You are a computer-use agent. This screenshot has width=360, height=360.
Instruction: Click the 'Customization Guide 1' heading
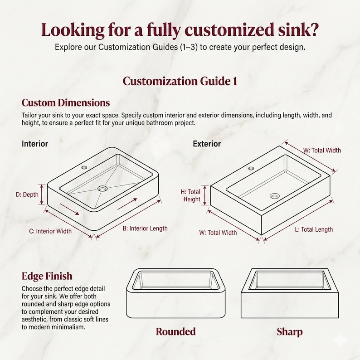[x=180, y=81]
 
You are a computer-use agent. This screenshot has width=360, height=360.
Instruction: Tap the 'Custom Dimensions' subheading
[x=66, y=102]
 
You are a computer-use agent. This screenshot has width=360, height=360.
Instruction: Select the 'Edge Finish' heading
[x=47, y=276]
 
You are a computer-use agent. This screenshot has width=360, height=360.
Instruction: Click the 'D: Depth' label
[x=27, y=195]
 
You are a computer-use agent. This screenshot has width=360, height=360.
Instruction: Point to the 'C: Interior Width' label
[x=50, y=231]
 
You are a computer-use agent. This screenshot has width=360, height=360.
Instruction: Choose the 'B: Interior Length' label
[x=145, y=229]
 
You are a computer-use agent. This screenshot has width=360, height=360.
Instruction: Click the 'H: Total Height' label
[x=190, y=195]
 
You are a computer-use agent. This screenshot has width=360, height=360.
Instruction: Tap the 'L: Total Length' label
[x=314, y=229]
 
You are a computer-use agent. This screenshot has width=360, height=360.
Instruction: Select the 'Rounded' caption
[x=175, y=332]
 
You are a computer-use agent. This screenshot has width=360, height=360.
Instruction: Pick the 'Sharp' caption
[x=290, y=332]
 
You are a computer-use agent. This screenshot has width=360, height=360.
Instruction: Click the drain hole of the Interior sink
[x=102, y=189]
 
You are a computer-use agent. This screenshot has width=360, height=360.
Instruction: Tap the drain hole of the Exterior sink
[x=275, y=196]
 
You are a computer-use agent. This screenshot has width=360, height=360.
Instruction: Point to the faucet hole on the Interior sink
[x=84, y=167]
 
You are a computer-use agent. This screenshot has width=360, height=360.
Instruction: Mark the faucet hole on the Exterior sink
[x=251, y=168]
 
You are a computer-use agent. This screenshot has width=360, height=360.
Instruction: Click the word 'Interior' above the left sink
[x=35, y=144]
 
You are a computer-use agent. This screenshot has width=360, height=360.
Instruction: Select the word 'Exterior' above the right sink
[x=207, y=144]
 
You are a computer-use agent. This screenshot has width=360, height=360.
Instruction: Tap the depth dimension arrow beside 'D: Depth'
[x=42, y=194]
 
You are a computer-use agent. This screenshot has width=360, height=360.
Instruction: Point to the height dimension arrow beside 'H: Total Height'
[x=206, y=195]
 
